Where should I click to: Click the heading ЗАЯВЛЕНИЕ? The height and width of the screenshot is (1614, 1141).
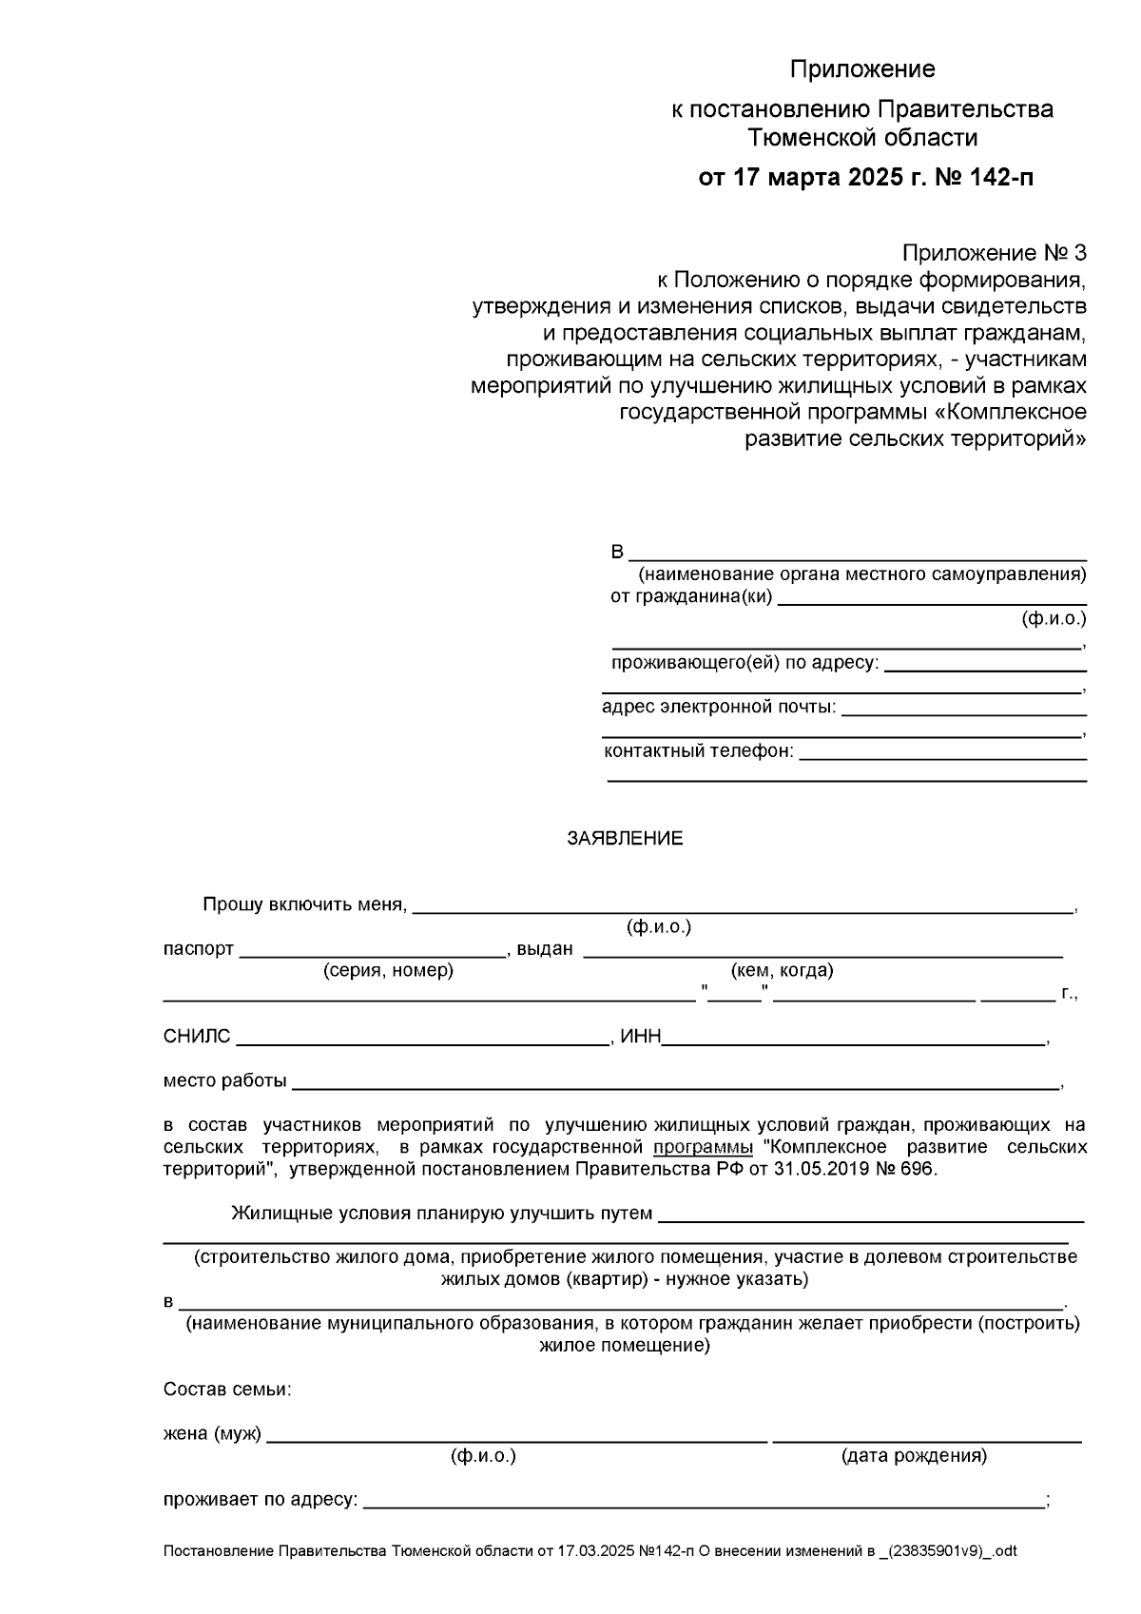point(625,838)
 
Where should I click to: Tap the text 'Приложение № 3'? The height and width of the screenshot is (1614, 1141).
point(994,253)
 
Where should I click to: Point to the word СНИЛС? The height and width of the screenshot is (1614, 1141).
point(197,1037)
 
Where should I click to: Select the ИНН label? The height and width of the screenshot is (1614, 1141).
point(640,1037)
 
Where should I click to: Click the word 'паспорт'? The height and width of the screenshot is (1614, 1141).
point(198,949)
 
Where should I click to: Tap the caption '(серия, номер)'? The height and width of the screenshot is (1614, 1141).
point(388,970)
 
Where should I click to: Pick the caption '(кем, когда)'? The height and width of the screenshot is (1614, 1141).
point(782,970)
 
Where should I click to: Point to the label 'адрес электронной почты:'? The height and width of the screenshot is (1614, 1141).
point(719,707)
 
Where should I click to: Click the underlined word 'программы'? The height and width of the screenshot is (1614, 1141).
point(703,1147)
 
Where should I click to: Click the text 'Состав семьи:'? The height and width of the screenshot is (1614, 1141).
point(227,1390)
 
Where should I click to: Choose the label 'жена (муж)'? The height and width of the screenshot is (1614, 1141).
point(212,1433)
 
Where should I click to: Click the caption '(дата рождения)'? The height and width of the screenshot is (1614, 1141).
point(914,1455)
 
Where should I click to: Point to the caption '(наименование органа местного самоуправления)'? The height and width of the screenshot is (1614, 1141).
point(861,574)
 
